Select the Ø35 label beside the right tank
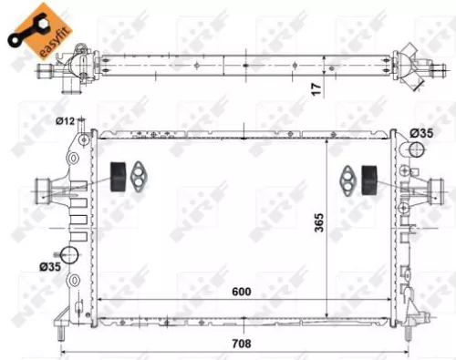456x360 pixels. [x=420, y=133]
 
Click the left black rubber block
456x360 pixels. [x=117, y=177]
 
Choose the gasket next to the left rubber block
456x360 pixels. [x=140, y=178]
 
